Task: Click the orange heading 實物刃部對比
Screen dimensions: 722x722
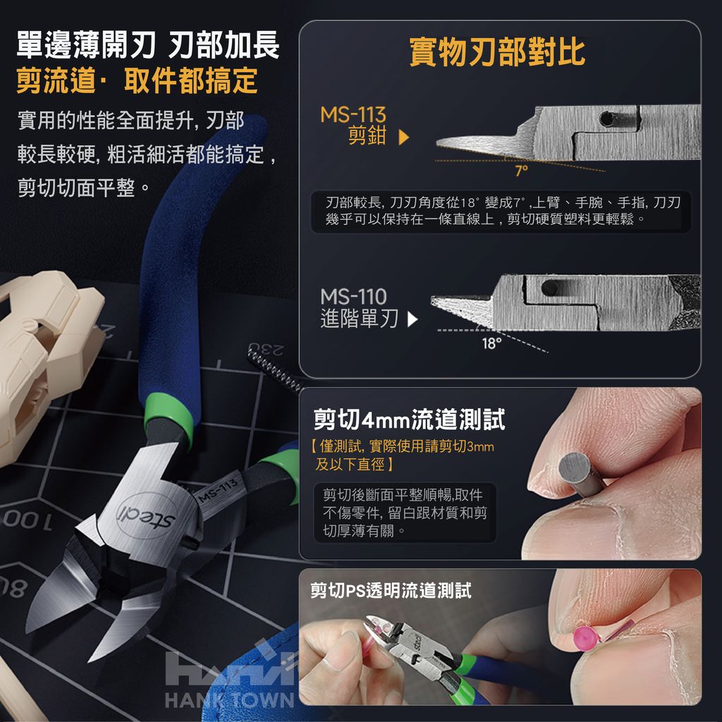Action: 497,52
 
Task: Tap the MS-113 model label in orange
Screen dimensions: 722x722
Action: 353,115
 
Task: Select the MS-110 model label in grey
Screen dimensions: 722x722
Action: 353,297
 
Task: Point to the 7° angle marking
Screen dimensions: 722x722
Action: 521,171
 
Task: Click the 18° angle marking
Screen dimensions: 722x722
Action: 491,343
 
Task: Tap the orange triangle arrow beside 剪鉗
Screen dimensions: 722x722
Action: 404,137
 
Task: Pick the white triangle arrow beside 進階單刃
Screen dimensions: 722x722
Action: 412,319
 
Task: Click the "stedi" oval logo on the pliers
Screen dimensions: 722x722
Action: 146,515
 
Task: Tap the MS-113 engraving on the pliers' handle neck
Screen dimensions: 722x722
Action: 219,491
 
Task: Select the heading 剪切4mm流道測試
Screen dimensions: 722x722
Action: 409,419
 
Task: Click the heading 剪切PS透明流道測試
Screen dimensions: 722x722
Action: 391,590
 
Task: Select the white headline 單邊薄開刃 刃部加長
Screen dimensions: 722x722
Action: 148,45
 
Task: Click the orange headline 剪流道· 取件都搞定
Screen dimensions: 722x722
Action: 137,80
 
